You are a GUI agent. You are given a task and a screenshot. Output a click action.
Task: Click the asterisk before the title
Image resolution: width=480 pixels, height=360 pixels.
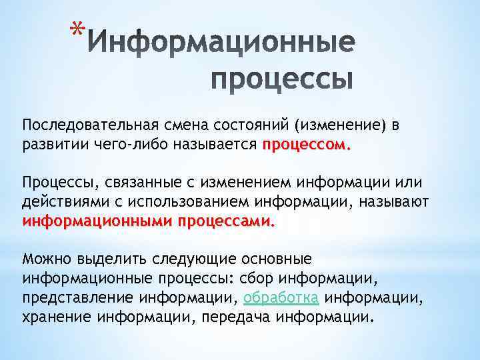pyautogui.click(x=78, y=31)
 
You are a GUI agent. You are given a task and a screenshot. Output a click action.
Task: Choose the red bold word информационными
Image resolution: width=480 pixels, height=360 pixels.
pyautogui.click(x=97, y=220)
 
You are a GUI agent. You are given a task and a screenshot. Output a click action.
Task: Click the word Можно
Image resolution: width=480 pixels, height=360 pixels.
pyautogui.click(x=45, y=259)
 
